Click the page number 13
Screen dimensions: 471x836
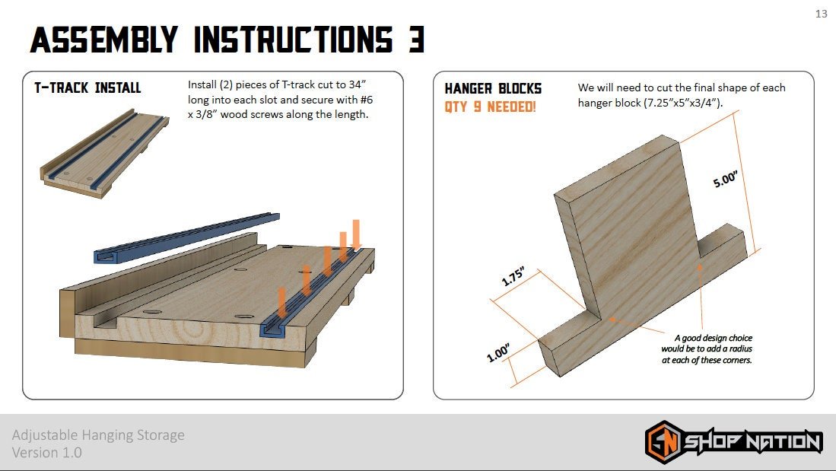tap(821, 14)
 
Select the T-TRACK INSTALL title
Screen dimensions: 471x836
tap(87, 88)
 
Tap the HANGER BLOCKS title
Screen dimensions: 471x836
tap(493, 89)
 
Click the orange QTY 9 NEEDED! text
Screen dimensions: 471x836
tap(490, 107)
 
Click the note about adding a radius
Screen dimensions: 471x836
tap(707, 348)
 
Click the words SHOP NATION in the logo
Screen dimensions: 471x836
tap(752, 442)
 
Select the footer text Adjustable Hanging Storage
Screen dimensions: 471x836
tap(98, 435)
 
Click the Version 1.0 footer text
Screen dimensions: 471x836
tap(47, 453)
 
